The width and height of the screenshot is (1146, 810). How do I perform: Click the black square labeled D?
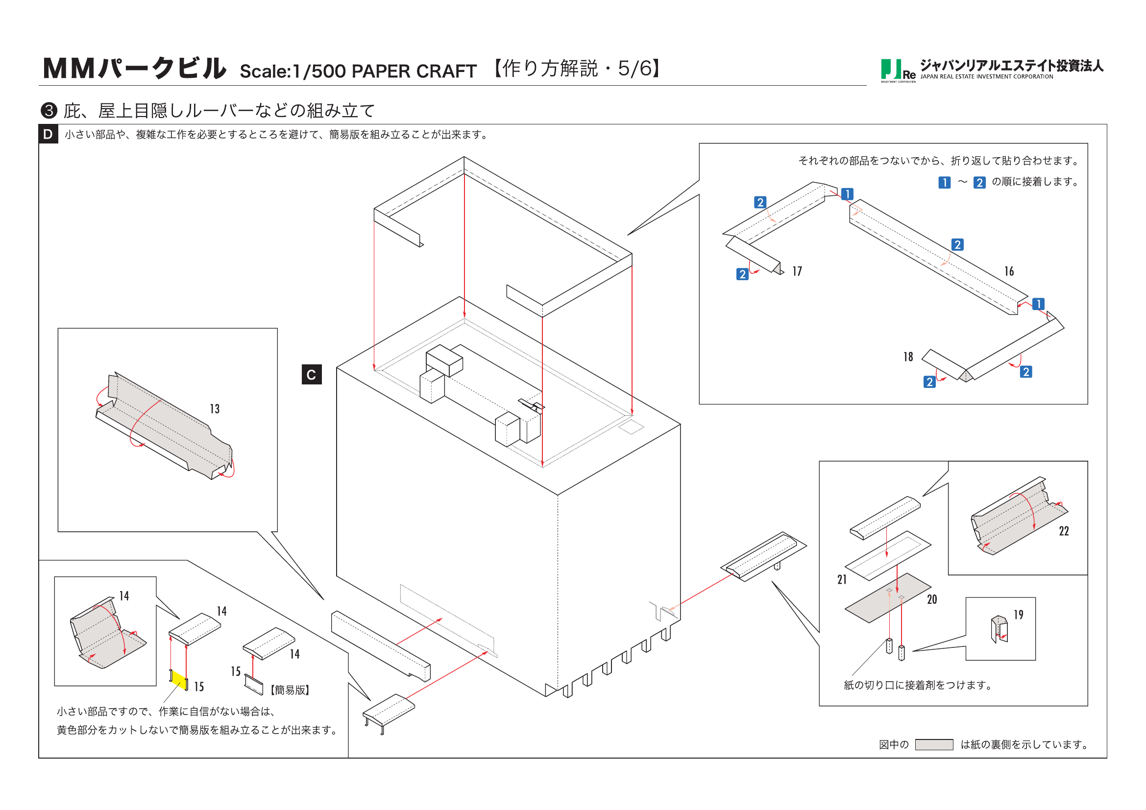[x=48, y=134]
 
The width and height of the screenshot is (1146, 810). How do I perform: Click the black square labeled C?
[x=312, y=375]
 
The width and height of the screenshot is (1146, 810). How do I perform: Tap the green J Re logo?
[x=897, y=71]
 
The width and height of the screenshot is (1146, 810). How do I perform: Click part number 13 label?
[x=215, y=409]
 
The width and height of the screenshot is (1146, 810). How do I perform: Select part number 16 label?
[x=1009, y=271]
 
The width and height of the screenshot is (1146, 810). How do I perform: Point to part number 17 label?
[x=797, y=271]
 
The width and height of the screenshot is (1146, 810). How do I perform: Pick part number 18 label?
[x=908, y=357]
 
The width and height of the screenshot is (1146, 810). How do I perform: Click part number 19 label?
[x=1018, y=615]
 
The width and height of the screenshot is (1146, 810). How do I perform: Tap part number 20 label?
[x=932, y=600]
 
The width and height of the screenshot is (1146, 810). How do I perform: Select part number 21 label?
[x=842, y=579]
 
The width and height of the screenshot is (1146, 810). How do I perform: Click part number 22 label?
[x=1064, y=531]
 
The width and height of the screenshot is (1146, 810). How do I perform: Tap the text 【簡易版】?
[x=290, y=691]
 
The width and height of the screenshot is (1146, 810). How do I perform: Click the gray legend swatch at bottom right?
[x=934, y=745]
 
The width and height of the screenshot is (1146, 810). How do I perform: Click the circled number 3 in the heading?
[x=49, y=111]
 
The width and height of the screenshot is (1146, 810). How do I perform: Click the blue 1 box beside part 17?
[x=847, y=194]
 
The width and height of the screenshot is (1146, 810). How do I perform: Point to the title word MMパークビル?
[x=135, y=69]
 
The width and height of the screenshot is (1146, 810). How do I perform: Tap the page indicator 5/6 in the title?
[x=634, y=69]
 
